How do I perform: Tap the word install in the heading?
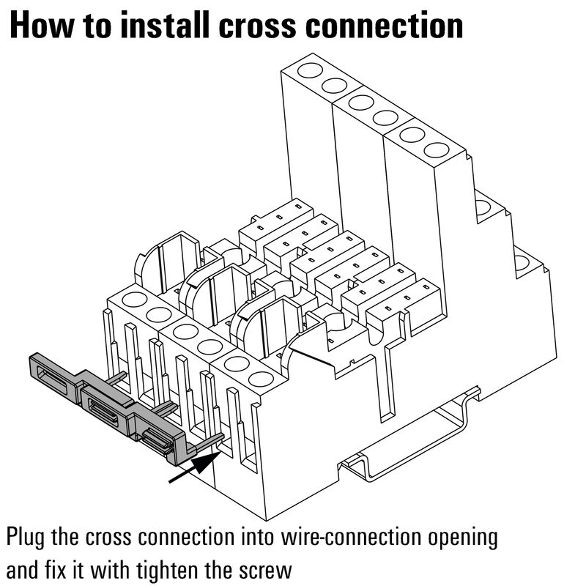coord(182,26)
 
